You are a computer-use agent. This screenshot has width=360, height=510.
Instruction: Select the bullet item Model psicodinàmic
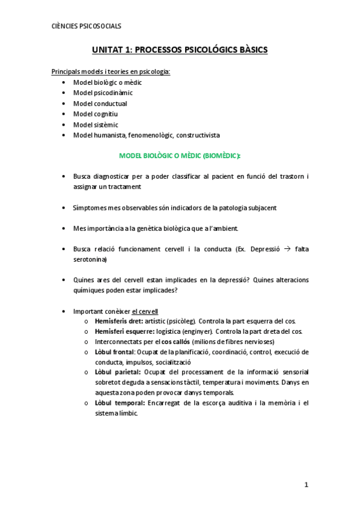pos(103,93)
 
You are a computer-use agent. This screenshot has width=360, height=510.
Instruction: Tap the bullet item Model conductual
pos(100,103)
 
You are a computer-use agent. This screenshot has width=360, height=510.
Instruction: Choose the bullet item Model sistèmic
pos(96,124)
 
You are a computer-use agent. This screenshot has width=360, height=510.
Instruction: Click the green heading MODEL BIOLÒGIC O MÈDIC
pos(180,155)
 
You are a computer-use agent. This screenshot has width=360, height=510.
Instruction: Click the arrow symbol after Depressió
pos(287,249)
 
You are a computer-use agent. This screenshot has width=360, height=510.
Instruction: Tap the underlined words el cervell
pos(145,311)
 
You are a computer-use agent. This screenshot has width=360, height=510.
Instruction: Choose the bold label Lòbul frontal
pos(115,352)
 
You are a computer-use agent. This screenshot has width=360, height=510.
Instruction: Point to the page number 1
pos(305,485)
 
